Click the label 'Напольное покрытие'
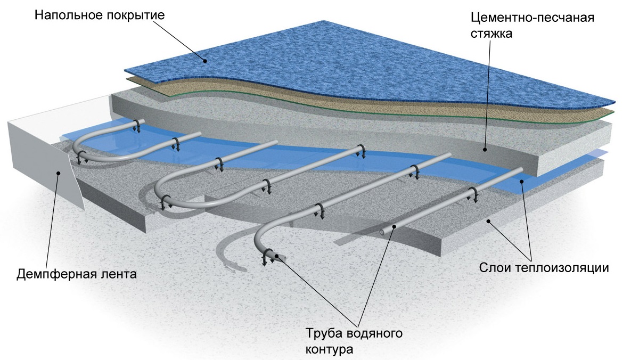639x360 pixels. point(100,14)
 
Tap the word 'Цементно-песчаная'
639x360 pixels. point(532,18)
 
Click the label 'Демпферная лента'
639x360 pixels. point(77,275)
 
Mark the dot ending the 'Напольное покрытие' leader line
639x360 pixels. point(205,61)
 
